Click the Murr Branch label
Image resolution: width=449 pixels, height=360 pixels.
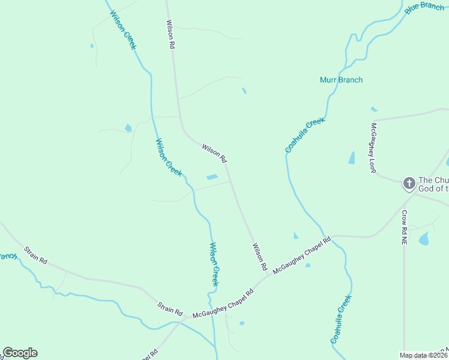tap(341, 80)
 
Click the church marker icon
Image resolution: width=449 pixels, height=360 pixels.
tap(409, 183)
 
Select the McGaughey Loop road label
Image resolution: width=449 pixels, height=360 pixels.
tap(373, 148)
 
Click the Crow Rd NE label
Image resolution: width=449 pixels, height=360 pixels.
tap(405, 227)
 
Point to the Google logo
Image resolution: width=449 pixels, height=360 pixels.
tap(20, 353)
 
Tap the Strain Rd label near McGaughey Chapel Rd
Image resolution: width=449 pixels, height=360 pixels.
tap(170, 310)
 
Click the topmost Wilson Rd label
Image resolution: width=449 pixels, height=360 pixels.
tap(170, 34)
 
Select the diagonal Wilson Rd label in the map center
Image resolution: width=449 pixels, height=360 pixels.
tap(214, 154)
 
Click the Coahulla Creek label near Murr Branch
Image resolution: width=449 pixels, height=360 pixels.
tap(305, 135)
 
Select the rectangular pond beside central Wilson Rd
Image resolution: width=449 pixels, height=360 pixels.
tap(212, 177)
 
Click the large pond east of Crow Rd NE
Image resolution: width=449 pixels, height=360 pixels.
tap(424, 239)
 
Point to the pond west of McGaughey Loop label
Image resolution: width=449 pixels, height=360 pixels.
tap(352, 158)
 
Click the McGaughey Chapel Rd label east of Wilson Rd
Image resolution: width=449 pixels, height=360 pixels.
tap(302, 256)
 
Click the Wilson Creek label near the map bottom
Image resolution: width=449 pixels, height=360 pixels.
tap(214, 263)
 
